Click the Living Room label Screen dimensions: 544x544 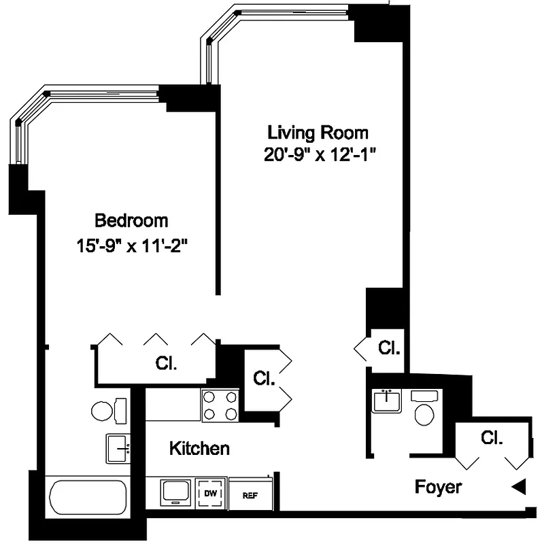pyautogui.click(x=318, y=132)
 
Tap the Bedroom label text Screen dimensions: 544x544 pyautogui.click(x=131, y=220)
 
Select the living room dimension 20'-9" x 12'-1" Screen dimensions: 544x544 pyautogui.click(x=320, y=154)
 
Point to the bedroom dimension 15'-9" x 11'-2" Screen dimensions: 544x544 pyautogui.click(x=132, y=244)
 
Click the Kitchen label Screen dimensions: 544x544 pyautogui.click(x=199, y=448)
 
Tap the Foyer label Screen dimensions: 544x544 pyautogui.click(x=439, y=487)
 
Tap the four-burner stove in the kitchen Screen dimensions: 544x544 pyautogui.click(x=220, y=405)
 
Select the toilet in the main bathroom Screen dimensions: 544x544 pyautogui.click(x=108, y=410)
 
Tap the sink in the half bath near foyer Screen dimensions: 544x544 pyautogui.click(x=386, y=401)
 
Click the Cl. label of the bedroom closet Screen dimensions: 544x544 pyautogui.click(x=166, y=363)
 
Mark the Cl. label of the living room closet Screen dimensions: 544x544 pyautogui.click(x=389, y=348)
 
